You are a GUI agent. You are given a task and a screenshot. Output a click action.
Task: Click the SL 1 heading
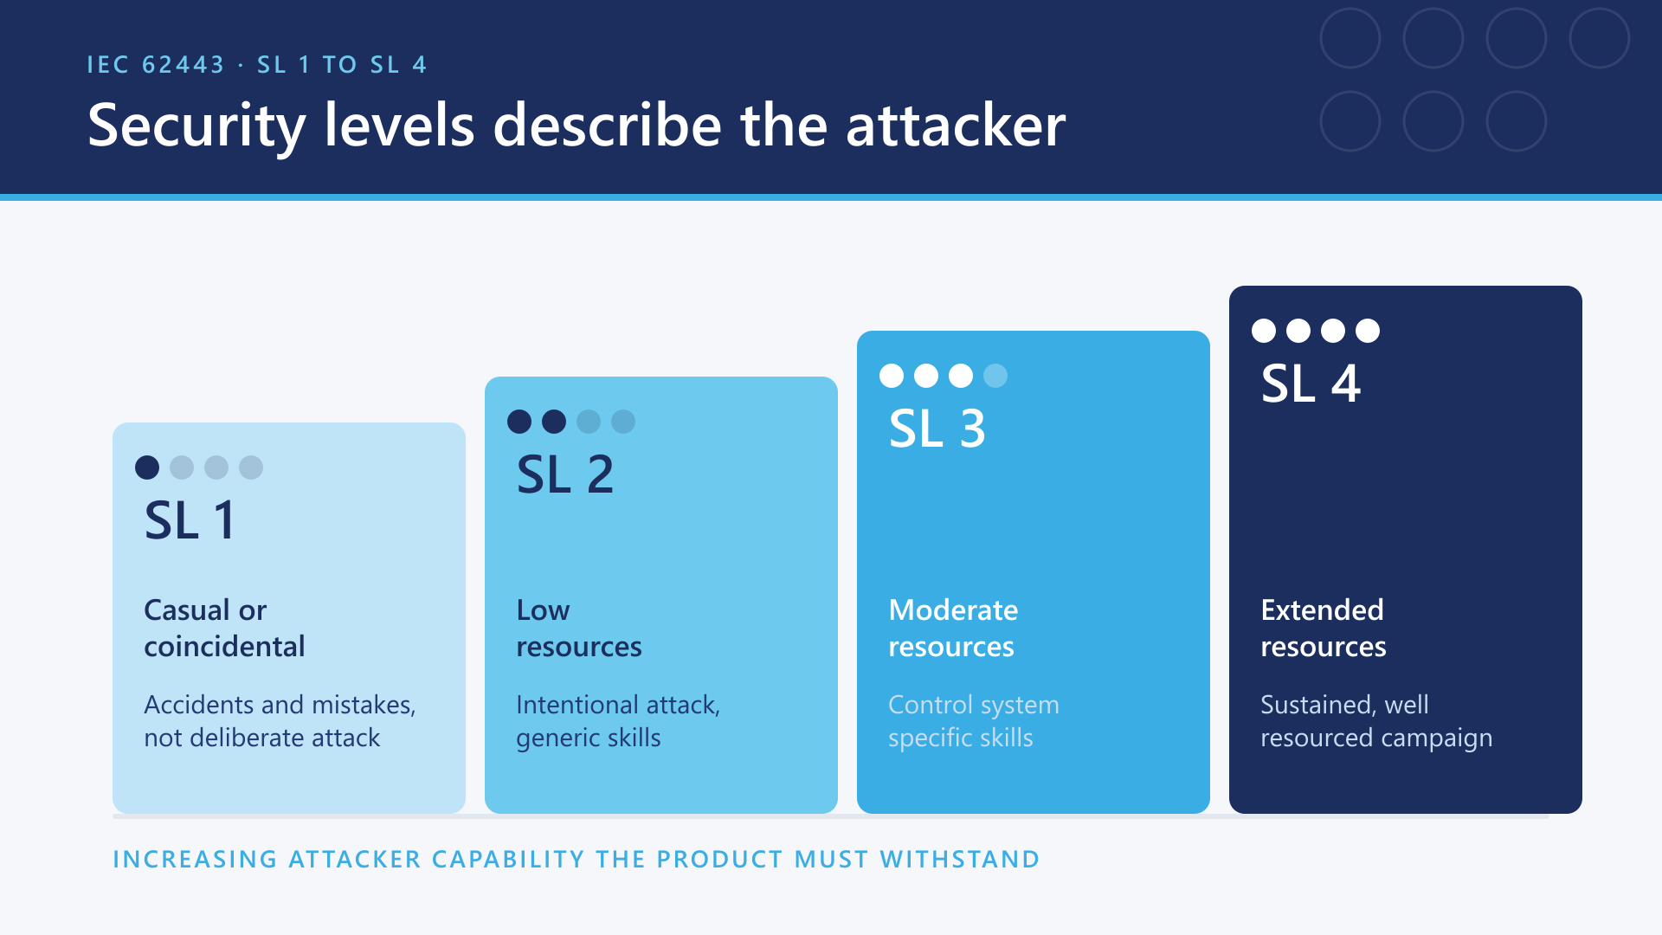coord(190,520)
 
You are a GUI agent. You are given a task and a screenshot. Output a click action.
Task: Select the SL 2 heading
coord(565,474)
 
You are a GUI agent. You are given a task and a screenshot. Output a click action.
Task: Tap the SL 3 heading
coord(937,429)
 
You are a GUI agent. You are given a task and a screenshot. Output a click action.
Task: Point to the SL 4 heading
coord(1311,384)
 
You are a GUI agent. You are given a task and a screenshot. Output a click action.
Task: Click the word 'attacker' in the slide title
coord(956,126)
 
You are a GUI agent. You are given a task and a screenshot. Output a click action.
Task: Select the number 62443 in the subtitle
coord(184,65)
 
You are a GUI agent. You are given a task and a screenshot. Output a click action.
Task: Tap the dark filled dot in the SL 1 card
coord(147,467)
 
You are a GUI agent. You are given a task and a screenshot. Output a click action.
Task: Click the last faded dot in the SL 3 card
coord(995,376)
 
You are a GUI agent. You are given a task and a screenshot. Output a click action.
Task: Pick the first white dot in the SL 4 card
coord(1264,331)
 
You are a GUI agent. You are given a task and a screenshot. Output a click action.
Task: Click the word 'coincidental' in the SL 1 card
coord(224,647)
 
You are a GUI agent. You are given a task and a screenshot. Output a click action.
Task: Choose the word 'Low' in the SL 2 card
coord(543,610)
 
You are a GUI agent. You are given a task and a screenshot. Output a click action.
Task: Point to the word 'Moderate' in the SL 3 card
coord(953,610)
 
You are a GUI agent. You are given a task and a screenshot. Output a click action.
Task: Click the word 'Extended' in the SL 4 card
coord(1322,610)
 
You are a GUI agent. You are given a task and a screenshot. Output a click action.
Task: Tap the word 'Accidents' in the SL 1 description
coord(199,705)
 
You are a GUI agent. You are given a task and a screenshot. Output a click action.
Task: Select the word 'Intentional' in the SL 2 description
coord(578,705)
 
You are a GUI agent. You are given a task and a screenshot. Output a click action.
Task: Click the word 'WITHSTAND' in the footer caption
coord(960,860)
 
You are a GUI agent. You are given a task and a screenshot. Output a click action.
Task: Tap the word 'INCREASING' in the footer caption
coord(196,860)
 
